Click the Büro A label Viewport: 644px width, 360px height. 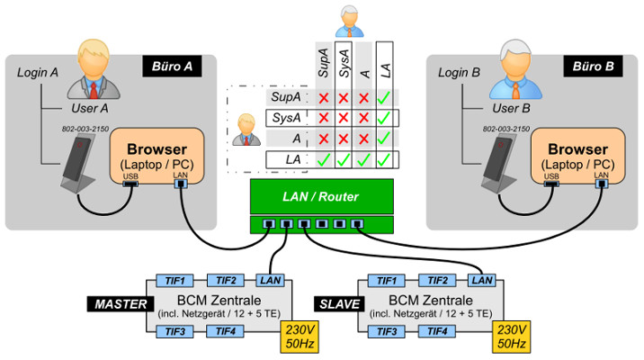[172, 67]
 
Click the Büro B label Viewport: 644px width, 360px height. [590, 67]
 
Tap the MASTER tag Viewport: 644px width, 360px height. [117, 304]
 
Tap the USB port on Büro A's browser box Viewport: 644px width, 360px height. [130, 184]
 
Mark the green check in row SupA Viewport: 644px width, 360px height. [384, 97]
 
